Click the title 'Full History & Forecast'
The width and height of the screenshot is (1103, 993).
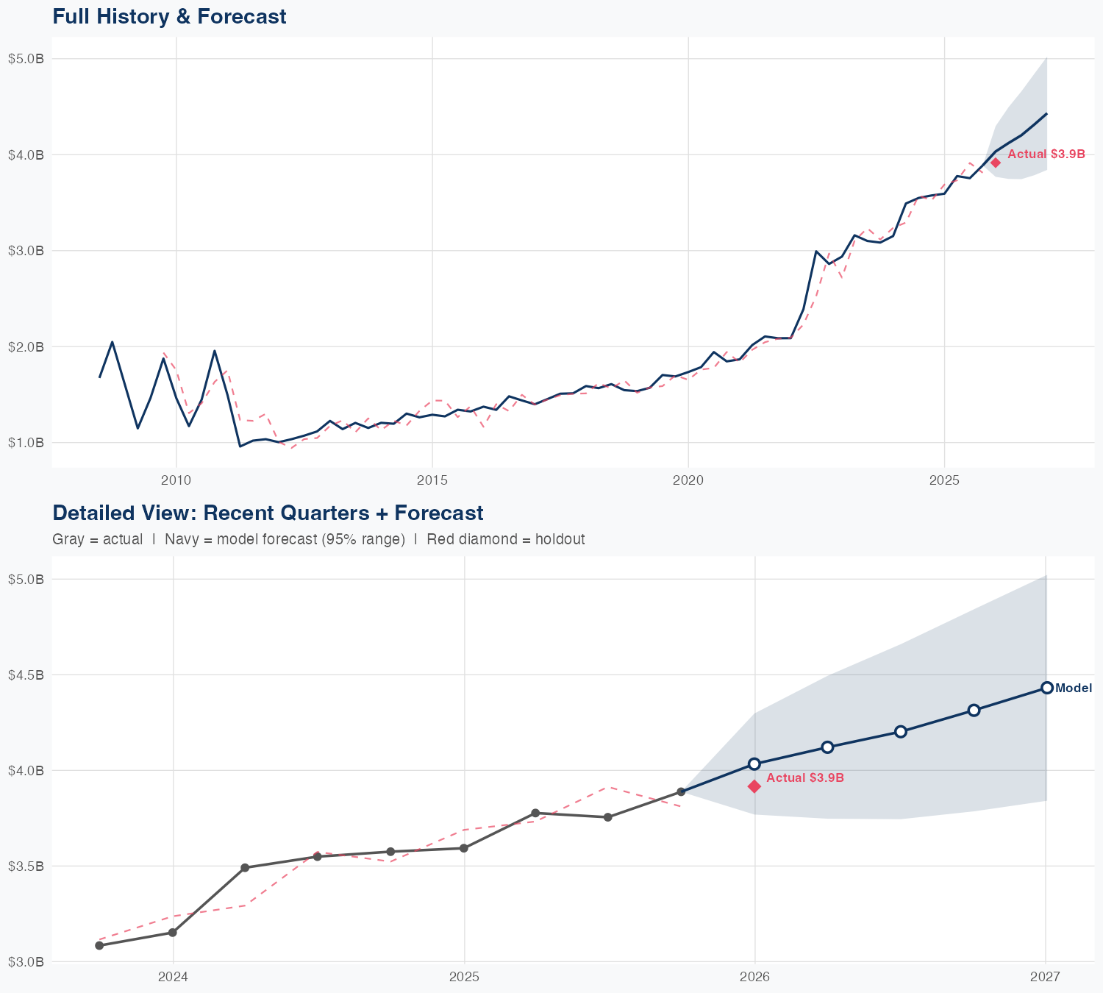[x=169, y=16]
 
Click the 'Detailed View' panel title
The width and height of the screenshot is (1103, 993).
[x=268, y=513]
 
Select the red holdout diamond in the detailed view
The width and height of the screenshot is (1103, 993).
[x=754, y=786]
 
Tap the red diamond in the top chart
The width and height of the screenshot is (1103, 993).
[x=995, y=163]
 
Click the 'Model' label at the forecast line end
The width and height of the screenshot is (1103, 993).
[x=1074, y=688]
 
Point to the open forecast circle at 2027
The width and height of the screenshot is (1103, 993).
[x=1046, y=688]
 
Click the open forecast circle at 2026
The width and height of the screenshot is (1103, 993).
[x=754, y=764]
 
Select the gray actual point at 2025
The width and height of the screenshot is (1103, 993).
[x=464, y=848]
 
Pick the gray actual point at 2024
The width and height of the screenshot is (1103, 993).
[x=173, y=933]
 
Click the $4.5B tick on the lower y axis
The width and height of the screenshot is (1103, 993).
[x=26, y=675]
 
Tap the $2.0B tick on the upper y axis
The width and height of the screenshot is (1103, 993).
[x=26, y=346]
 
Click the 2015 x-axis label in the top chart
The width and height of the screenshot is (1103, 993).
[x=432, y=480]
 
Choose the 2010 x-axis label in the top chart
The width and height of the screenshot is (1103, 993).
[x=176, y=480]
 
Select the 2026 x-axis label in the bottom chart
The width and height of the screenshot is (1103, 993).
[x=754, y=977]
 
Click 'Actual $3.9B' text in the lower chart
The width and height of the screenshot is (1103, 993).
[x=805, y=777]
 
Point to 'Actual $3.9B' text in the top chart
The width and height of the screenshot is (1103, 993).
[x=1046, y=154]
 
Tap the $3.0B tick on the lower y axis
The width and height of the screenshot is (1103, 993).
[x=26, y=961]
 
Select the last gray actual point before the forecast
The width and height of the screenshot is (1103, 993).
[x=681, y=791]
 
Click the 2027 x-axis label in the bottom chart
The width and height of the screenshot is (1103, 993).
[x=1045, y=977]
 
